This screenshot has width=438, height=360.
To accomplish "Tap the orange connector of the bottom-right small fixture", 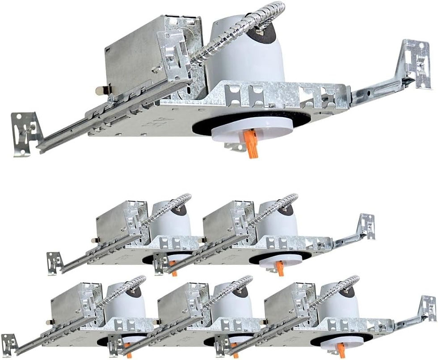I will click(x=341, y=350).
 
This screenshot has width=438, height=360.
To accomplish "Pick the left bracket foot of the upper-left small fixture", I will click(x=55, y=263).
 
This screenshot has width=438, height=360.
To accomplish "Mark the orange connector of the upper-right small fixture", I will click(x=279, y=268).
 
